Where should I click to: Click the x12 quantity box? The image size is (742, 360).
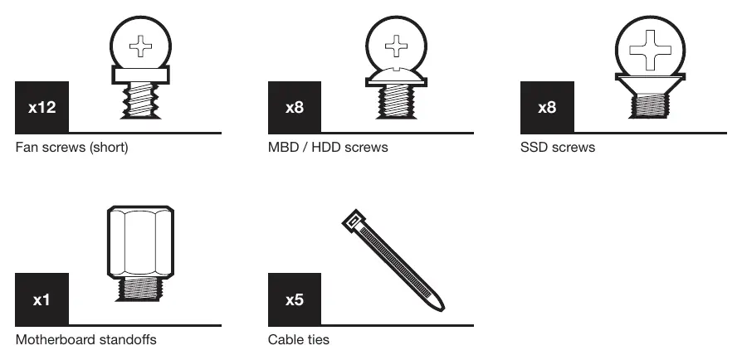[x=41, y=107]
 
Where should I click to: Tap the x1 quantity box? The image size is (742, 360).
[x=41, y=299]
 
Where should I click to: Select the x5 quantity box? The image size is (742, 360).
[x=295, y=299]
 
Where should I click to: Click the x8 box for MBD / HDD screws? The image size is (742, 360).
[x=295, y=107]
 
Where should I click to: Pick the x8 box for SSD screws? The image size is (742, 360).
[x=547, y=107]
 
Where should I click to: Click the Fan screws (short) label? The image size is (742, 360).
[x=72, y=147]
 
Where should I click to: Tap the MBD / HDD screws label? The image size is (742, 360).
[x=328, y=147]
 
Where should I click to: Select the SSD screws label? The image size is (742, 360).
[x=558, y=147]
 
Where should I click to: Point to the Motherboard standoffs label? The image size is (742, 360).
[x=86, y=339]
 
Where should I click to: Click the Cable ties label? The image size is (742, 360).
[x=299, y=339]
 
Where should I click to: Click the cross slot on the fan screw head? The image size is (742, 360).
[x=140, y=46]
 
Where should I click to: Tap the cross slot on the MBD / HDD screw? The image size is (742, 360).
[x=396, y=46]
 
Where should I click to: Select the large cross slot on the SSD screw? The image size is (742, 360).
[x=650, y=50]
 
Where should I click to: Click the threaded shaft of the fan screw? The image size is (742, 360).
[x=140, y=100]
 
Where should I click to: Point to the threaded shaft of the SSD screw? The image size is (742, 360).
[x=650, y=105]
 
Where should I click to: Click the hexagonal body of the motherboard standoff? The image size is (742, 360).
[x=140, y=241]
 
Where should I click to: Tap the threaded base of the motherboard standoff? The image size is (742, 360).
[x=140, y=289]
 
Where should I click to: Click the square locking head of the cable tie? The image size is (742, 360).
[x=354, y=221]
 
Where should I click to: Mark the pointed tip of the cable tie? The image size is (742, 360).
[x=442, y=309]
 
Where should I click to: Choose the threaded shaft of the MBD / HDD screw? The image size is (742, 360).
[x=396, y=102]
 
